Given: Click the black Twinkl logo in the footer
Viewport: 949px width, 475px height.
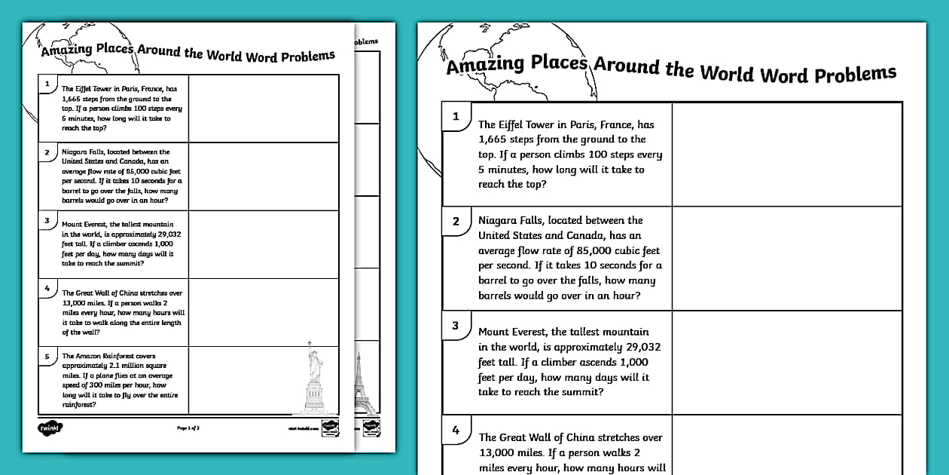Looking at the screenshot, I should [50, 427].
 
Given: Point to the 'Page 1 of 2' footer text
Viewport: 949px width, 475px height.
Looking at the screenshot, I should [188, 427].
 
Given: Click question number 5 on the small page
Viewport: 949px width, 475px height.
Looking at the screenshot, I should [47, 357].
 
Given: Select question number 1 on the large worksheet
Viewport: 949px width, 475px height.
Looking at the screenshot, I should [455, 117].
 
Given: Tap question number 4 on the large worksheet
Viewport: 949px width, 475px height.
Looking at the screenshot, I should [455, 431].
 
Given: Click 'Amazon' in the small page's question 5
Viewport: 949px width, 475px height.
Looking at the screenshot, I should [87, 356].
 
